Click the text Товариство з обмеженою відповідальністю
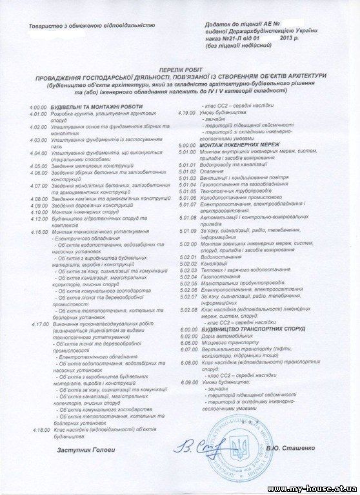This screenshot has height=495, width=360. pyautogui.click(x=88, y=25)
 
